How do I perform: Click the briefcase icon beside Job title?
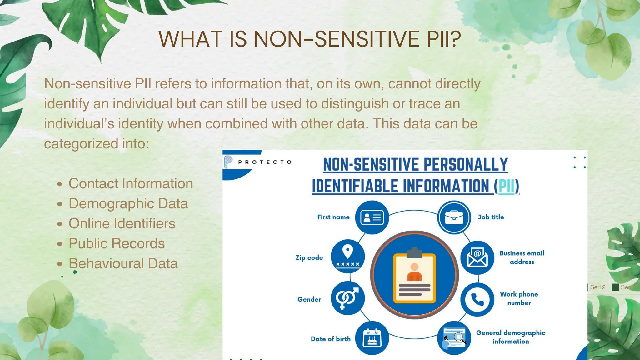[x=454, y=217]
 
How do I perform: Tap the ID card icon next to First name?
[x=372, y=217]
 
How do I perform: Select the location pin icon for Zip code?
[x=347, y=257]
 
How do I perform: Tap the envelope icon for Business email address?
[x=477, y=257]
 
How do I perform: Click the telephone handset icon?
[x=477, y=299]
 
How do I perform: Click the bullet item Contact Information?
[x=131, y=183]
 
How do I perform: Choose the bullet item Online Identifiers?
[x=122, y=223]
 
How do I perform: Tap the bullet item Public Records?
[x=117, y=243]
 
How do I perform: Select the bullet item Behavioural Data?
[x=123, y=263]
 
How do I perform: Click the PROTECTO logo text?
[x=265, y=162]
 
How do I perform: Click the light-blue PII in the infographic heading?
[x=506, y=186]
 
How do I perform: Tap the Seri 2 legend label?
[x=597, y=287]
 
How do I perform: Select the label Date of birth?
[x=331, y=339]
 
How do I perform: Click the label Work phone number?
[x=519, y=298]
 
